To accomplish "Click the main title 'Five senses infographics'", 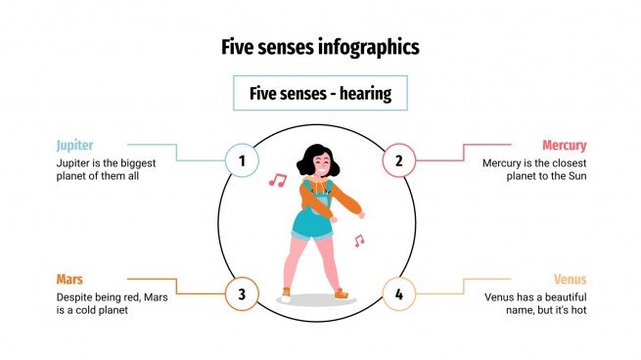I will click(x=320, y=46).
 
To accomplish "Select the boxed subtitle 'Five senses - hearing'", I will click(x=320, y=94).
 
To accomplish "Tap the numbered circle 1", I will click(x=242, y=158).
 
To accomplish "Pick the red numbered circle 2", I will click(x=398, y=158).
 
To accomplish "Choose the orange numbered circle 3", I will click(x=242, y=293).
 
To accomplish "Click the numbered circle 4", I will click(x=398, y=293).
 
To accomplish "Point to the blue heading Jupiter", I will click(x=74, y=145).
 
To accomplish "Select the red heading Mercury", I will click(x=564, y=145).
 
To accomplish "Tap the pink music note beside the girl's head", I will click(x=278, y=180).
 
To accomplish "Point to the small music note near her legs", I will click(x=359, y=241).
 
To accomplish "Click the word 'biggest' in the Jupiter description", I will click(x=143, y=162).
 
